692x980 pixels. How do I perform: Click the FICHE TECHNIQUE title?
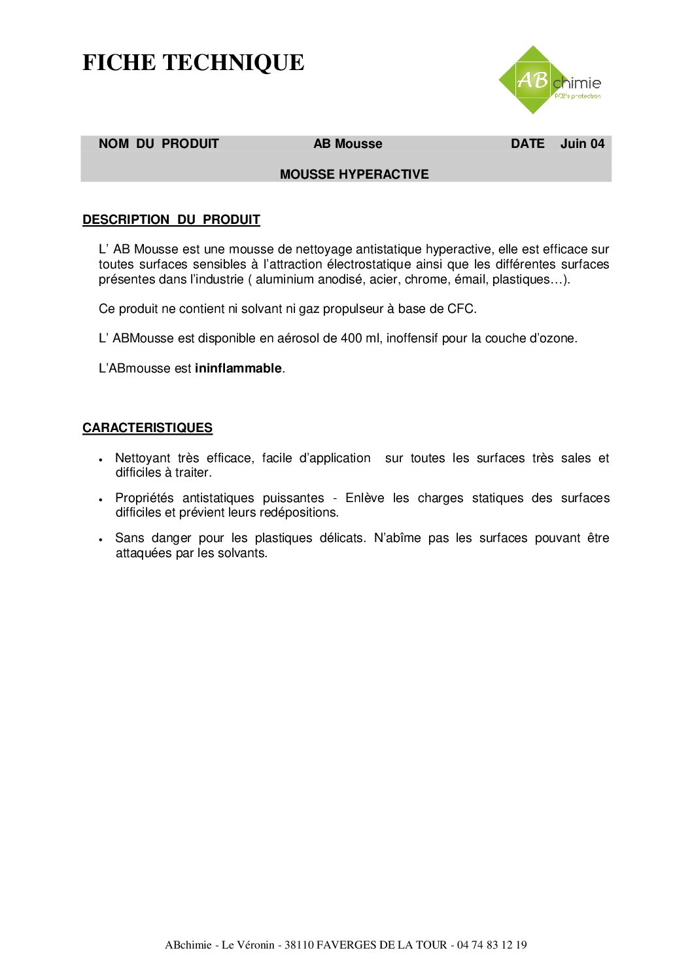194,63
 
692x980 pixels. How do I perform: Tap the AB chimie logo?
549,81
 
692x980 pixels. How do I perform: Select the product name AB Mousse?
347,144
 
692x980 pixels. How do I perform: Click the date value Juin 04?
582,144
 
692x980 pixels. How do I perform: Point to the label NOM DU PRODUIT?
158,144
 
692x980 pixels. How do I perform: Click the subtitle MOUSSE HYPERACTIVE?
354,174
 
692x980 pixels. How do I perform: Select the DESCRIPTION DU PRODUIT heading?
171,220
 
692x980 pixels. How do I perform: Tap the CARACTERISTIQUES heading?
147,428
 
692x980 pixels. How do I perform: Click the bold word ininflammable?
238,369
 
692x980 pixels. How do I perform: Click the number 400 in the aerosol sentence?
351,338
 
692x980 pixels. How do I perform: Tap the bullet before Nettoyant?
101,460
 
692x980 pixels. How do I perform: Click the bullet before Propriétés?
101,500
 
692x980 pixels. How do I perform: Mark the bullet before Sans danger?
101,540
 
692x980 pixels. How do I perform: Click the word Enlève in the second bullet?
364,498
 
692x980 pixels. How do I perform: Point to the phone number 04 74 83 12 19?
492,945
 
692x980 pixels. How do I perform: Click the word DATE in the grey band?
527,144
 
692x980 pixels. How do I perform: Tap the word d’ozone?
552,338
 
